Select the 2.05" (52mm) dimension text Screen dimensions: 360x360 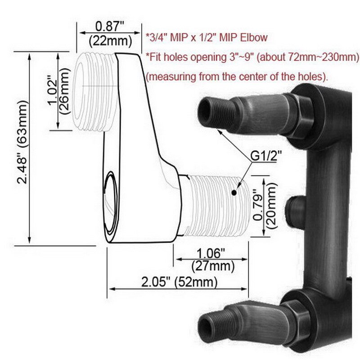[179, 283]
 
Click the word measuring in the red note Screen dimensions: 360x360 [177, 76]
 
